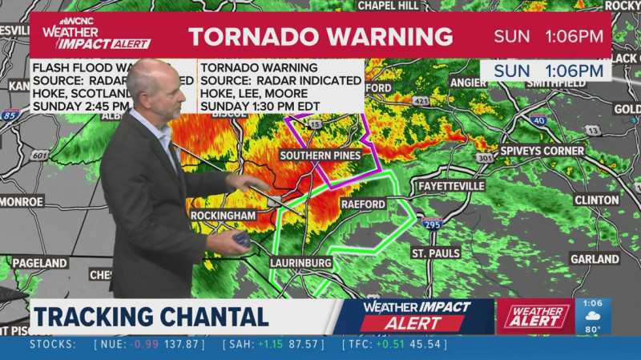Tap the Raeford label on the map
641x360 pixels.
tap(363, 204)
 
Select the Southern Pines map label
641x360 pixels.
tap(320, 155)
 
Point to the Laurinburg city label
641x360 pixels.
tap(301, 262)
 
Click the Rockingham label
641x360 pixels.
tap(223, 216)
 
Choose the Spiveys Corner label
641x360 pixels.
tap(542, 151)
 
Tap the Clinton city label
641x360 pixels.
tap(596, 200)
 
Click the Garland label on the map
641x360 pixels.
tap(595, 259)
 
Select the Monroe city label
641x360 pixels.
tap(22, 201)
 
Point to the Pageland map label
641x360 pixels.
tap(39, 263)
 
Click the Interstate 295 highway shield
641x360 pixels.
tap(432, 224)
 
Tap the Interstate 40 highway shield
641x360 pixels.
tap(538, 120)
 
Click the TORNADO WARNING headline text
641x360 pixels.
tap(320, 36)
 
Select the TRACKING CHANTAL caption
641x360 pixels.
tap(151, 316)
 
